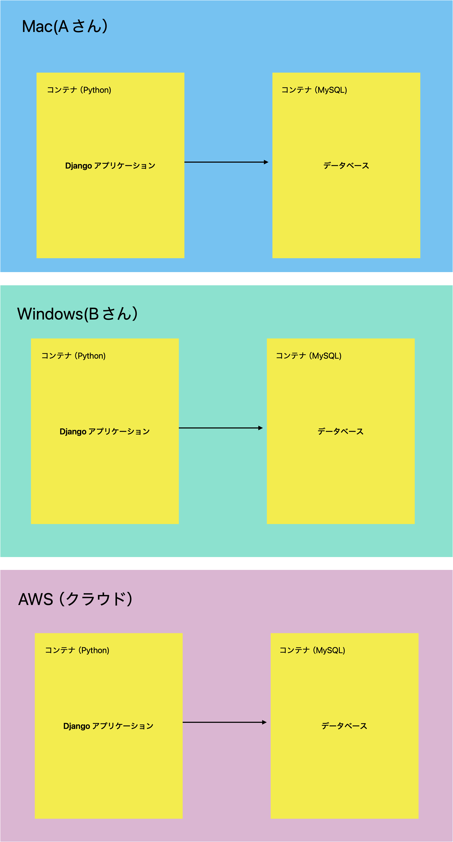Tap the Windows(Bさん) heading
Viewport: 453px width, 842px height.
click(x=77, y=314)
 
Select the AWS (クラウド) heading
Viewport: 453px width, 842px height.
click(x=75, y=599)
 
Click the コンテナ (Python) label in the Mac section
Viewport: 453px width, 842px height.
click(x=79, y=90)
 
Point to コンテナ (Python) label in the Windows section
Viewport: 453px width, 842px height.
click(x=73, y=356)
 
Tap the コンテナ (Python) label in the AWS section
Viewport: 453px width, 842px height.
click(x=77, y=650)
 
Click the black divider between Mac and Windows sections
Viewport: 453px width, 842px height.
click(x=226, y=279)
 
